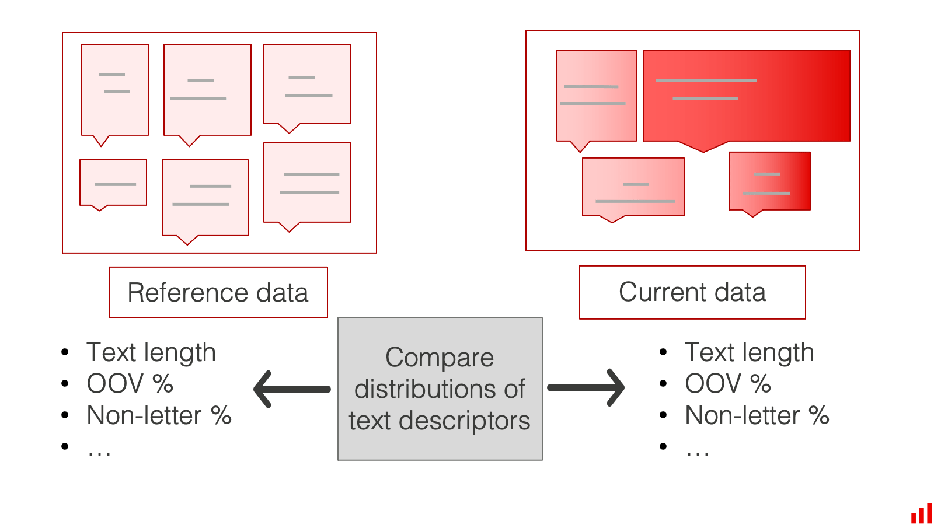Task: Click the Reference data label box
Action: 218,292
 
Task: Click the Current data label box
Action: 692,292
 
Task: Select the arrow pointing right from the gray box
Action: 586,387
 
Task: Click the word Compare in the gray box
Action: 440,358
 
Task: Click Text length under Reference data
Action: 151,352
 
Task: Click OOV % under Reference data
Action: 130,384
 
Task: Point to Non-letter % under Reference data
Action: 159,415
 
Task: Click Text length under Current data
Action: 749,352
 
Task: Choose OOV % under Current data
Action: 728,384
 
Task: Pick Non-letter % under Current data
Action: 757,415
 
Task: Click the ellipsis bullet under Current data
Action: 698,450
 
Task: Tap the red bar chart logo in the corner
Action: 922,514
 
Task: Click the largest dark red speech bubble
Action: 746,96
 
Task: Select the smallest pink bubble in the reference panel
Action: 113,183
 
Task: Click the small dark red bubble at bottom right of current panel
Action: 769,181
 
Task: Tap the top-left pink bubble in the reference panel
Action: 115,90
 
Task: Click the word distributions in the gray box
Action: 440,389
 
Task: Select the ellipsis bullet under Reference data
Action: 99,450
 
